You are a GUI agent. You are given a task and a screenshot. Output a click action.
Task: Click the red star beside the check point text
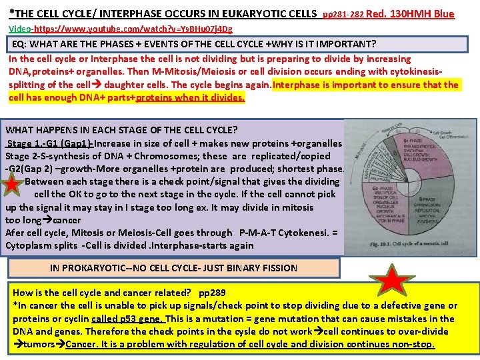pos(13,185)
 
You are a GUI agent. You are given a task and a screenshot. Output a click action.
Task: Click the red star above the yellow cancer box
pos(395,281)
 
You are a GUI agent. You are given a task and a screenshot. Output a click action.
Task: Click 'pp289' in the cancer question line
pos(212,293)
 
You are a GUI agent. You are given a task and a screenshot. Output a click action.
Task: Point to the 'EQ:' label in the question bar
pos(21,44)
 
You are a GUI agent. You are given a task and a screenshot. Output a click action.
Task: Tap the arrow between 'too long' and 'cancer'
pos(47,220)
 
